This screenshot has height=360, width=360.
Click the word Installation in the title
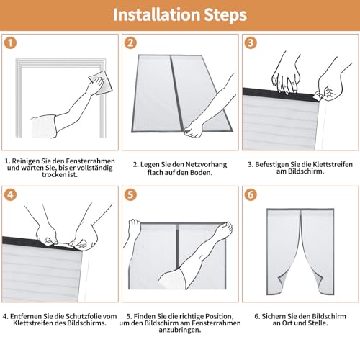157,15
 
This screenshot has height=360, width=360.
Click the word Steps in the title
225,16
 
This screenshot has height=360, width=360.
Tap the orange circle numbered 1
10,43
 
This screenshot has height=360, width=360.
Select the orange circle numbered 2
130,43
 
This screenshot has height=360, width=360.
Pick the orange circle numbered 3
251,43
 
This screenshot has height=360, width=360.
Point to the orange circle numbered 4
10,194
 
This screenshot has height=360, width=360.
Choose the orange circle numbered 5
130,194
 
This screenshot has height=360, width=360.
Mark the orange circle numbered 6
251,194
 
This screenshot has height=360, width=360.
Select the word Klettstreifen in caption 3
329,165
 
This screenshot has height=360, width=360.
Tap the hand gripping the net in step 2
194,130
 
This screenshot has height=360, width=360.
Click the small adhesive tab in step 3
318,96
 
